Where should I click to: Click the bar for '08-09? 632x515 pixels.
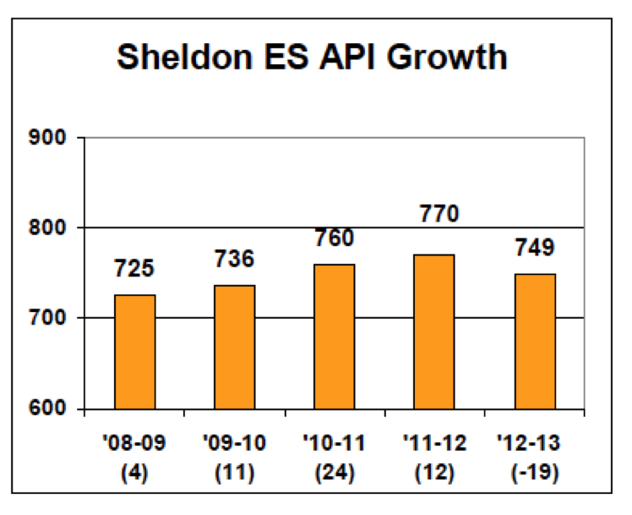point(135,352)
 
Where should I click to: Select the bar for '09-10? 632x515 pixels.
point(235,347)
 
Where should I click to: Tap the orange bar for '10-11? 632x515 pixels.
point(335,337)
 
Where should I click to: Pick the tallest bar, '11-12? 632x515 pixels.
point(434,331)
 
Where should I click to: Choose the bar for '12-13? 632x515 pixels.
point(534,342)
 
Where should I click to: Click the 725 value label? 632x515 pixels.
point(135,270)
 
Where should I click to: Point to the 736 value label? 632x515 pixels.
point(235,259)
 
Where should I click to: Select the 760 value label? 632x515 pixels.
point(335,238)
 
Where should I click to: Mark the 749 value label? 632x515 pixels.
point(534,249)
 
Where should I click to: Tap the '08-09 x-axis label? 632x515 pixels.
point(135,443)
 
